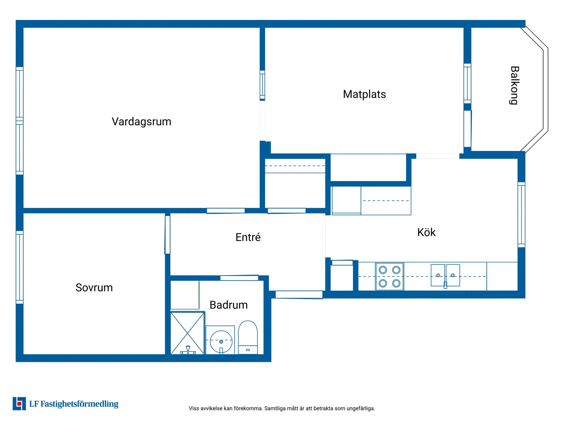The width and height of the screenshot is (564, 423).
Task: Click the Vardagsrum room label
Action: point(141,122)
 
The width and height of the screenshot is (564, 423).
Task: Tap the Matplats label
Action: point(364,94)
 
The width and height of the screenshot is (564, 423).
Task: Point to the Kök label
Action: point(426,232)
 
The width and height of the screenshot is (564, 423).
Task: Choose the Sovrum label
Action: point(94,287)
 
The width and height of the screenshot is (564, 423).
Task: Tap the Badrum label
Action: point(228,305)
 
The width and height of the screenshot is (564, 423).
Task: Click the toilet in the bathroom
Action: point(248,337)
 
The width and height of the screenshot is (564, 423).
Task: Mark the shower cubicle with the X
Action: point(187,333)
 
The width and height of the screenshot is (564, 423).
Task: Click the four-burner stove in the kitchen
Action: point(389,276)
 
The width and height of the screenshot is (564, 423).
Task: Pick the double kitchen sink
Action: point(445,275)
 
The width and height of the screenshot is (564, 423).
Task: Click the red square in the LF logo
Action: point(19,404)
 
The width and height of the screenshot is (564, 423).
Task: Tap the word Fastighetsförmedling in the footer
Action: point(79,404)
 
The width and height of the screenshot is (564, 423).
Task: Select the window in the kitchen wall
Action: point(521,215)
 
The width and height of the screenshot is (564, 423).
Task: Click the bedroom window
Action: point(19,267)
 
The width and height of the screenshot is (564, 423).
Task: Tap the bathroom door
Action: point(239,278)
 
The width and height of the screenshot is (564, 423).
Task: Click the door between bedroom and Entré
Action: point(167,235)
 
